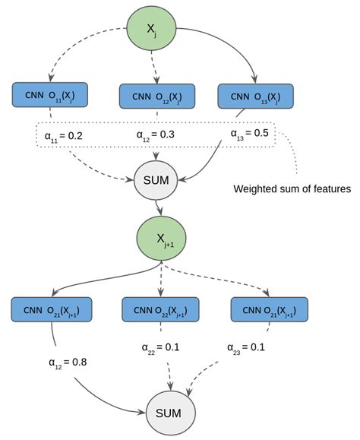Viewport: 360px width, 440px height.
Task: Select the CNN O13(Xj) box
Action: (254, 96)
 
